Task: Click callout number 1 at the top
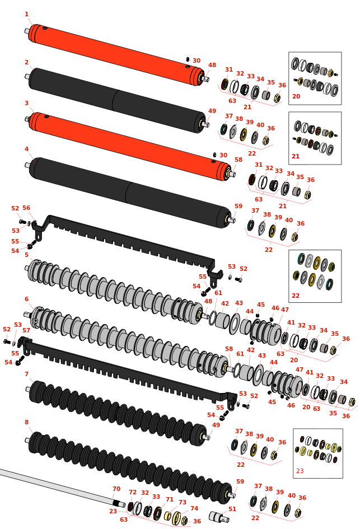[26, 15]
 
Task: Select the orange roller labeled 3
[129, 143]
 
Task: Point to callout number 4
[26, 149]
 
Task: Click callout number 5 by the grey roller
[26, 255]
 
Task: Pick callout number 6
[26, 299]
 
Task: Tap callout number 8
[26, 423]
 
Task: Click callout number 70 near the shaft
[116, 489]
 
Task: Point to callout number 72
[133, 493]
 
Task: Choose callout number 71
[169, 500]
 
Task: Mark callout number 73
[183, 503]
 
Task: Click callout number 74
[194, 509]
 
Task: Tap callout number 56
[26, 208]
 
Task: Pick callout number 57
[26, 331]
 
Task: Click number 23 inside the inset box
[300, 471]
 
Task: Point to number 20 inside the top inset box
[296, 97]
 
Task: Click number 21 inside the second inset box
[296, 157]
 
